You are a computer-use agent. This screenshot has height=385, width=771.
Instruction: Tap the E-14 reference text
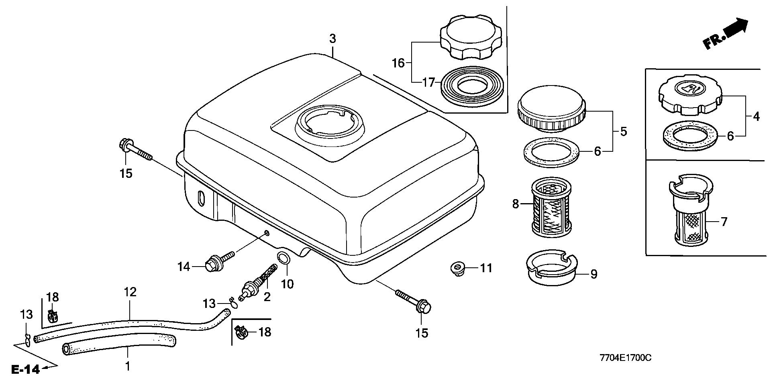pos(26,369)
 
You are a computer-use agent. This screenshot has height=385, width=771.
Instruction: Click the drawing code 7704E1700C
pos(625,358)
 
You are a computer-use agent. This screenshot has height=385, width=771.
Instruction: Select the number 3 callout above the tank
pos(332,39)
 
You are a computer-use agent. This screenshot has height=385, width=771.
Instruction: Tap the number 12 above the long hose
pos(130,292)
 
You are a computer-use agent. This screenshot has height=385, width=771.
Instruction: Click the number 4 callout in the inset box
pos(756,117)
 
